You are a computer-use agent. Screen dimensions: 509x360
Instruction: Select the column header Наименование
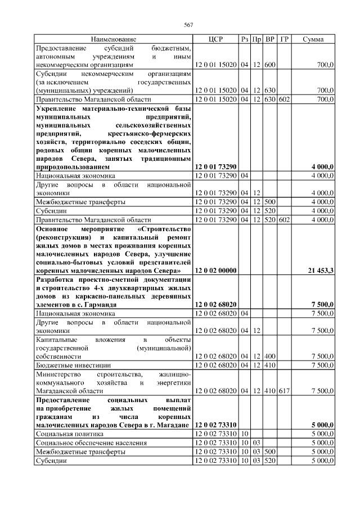click(114, 39)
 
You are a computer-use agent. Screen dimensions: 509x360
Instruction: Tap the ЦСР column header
click(215, 39)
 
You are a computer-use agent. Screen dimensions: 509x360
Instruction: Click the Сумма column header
click(313, 39)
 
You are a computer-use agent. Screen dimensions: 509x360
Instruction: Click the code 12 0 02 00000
click(215, 271)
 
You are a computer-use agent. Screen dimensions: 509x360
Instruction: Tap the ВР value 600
click(270, 65)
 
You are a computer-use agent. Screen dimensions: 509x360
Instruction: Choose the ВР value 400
click(270, 356)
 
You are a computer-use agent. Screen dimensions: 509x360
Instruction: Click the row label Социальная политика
click(63, 434)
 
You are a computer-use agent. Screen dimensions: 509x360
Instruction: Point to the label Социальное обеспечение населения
click(91, 443)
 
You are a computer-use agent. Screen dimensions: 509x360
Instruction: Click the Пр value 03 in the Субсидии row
click(256, 460)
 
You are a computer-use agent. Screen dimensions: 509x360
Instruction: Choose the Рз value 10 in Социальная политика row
click(245, 434)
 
